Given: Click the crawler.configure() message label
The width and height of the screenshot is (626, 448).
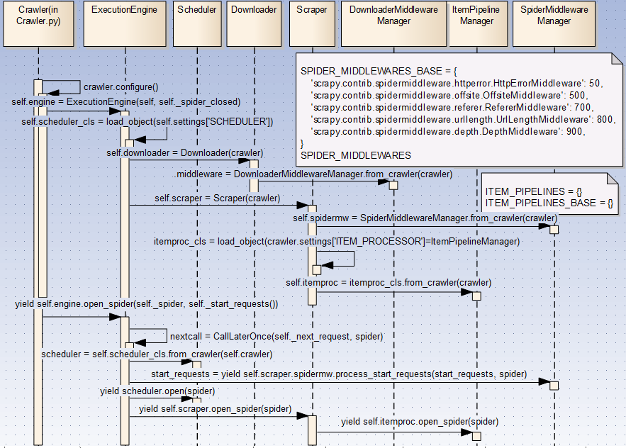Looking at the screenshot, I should pyautogui.click(x=121, y=87).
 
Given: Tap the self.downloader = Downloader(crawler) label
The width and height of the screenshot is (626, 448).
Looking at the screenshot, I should pyautogui.click(x=185, y=152).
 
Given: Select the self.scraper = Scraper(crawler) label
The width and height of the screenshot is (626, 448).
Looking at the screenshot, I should pyautogui.click(x=217, y=198).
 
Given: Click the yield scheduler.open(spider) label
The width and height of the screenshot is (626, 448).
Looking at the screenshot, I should pyautogui.click(x=157, y=391).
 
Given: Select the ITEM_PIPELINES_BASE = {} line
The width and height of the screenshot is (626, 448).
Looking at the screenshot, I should pyautogui.click(x=549, y=203).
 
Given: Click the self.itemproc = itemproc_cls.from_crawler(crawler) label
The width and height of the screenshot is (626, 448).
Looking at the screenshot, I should pyautogui.click(x=389, y=282).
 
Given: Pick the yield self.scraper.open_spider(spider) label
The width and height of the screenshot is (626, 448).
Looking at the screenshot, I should pyautogui.click(x=215, y=409).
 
